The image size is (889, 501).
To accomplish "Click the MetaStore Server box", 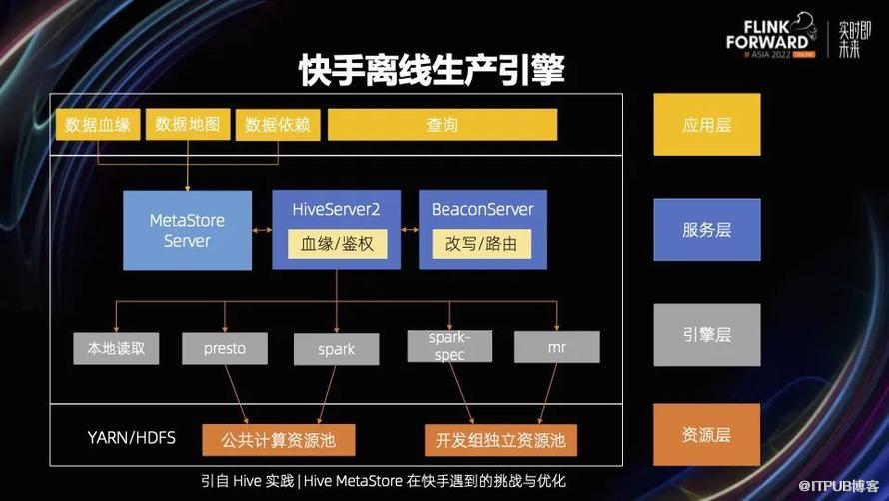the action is coord(187,230).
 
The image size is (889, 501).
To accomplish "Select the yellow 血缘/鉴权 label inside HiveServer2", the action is coord(337,244).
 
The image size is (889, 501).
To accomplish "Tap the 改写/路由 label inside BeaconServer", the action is coord(481,244).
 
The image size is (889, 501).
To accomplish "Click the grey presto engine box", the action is coord(225,348).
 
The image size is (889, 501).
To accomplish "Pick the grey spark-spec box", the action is coord(449,346).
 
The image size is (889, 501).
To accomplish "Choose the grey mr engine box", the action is coord(556,347).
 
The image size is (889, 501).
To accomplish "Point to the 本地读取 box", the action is coord(116,348).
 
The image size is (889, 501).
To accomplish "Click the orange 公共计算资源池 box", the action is coord(279,440).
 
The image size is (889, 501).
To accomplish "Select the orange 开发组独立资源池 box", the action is coord(500,440).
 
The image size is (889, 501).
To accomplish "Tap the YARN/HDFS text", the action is coord(132,437).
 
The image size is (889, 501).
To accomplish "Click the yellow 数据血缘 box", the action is coord(98,124).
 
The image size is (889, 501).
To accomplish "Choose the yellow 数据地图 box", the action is coord(188,124).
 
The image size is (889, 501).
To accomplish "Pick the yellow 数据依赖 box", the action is coord(278,124).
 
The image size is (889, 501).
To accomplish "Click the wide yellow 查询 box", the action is coord(443,124).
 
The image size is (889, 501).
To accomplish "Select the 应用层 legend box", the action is coord(707,125).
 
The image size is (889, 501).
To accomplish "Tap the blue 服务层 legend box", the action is coord(707,230).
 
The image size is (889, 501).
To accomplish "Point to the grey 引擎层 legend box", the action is coord(707,335).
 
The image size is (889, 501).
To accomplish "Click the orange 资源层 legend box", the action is coord(707,435).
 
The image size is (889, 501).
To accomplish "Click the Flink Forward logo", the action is coord(771,35).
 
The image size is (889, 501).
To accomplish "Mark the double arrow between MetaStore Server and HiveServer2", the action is coord(262,230).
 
